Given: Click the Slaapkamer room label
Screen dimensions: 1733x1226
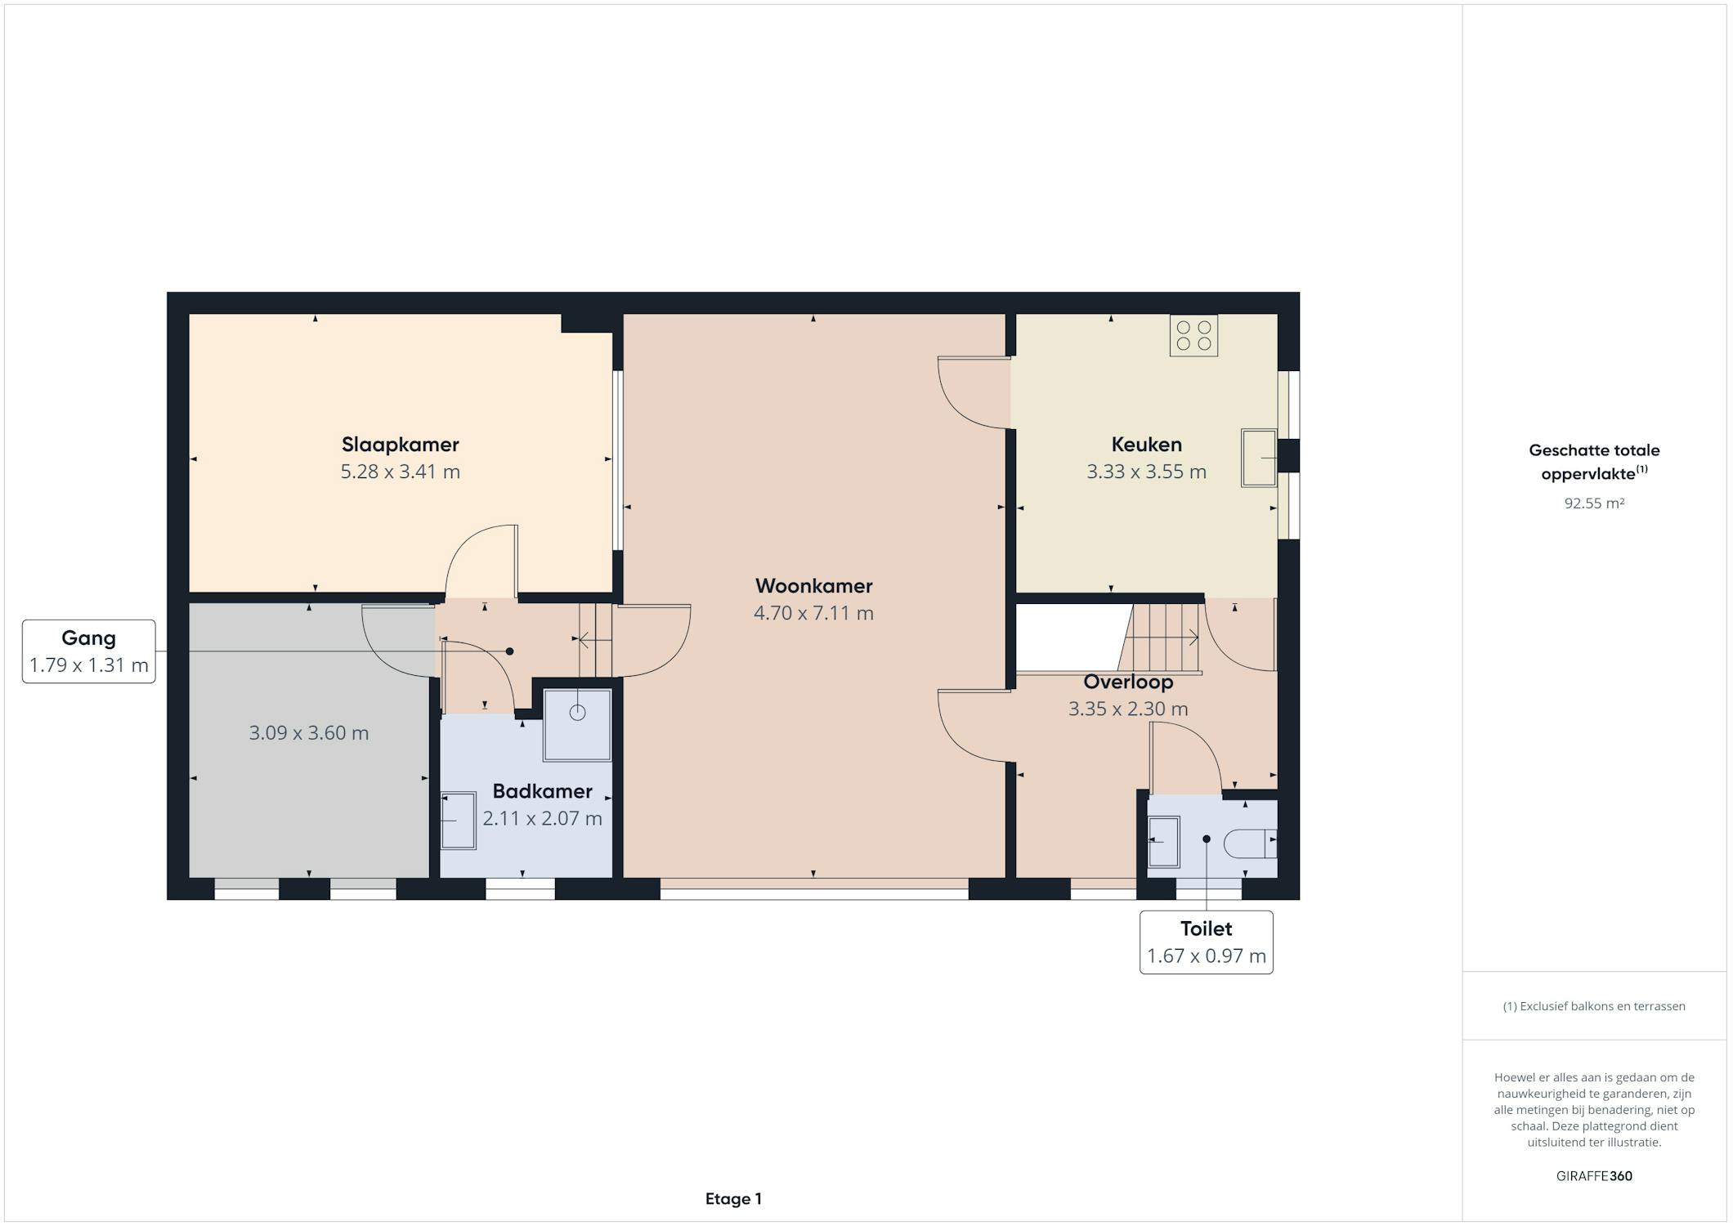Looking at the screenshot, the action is [x=400, y=445].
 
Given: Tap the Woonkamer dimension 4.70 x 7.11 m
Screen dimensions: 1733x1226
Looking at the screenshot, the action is [x=813, y=613].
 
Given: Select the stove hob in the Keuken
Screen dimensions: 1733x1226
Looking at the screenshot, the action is [x=1193, y=335].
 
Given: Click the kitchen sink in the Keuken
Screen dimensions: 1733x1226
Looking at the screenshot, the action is [x=1259, y=458].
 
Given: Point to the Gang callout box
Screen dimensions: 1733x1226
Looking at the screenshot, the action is [x=89, y=651].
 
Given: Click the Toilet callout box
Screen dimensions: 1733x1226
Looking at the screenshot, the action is [x=1207, y=942].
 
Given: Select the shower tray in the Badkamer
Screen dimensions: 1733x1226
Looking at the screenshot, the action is [x=577, y=725].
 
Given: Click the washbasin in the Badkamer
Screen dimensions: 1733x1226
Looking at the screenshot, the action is [x=459, y=821].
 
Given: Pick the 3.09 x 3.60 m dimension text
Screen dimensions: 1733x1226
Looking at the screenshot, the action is [x=309, y=733].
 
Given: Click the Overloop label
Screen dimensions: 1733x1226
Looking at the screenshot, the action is [x=1128, y=682].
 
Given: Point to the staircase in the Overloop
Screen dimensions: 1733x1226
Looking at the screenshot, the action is [x=1161, y=638].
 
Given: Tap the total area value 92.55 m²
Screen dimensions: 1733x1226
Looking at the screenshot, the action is [x=1594, y=503].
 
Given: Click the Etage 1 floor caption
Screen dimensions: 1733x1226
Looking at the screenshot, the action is [x=733, y=1199].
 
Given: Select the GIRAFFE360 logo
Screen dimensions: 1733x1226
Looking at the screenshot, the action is [x=1594, y=1176].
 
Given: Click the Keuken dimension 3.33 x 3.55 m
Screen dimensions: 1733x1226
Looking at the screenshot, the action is [x=1146, y=472].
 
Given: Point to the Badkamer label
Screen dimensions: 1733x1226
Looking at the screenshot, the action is [x=542, y=791].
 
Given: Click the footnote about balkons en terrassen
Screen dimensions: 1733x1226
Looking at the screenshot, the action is [x=1594, y=1006].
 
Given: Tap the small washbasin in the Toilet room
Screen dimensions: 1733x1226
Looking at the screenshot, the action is [x=1164, y=842].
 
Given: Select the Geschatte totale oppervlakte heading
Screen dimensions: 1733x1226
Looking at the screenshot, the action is [x=1594, y=461].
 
